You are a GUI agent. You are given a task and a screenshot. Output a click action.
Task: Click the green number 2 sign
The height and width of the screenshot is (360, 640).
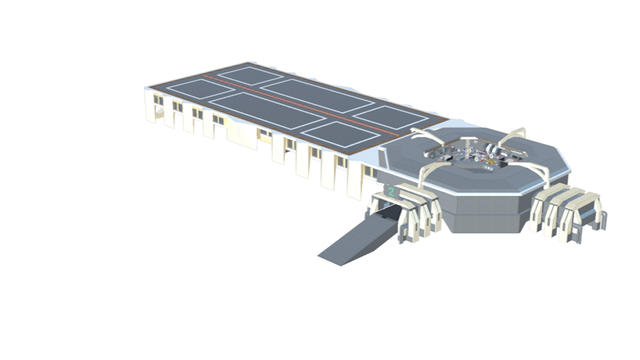tap(392, 192)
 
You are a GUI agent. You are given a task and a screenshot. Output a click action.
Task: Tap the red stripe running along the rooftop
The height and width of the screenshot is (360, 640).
tap(303, 105)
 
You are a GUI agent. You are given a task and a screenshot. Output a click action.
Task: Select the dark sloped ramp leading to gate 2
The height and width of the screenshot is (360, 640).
tap(358, 237)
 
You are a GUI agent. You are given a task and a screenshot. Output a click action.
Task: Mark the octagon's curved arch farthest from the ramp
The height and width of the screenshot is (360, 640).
tap(513, 135)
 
